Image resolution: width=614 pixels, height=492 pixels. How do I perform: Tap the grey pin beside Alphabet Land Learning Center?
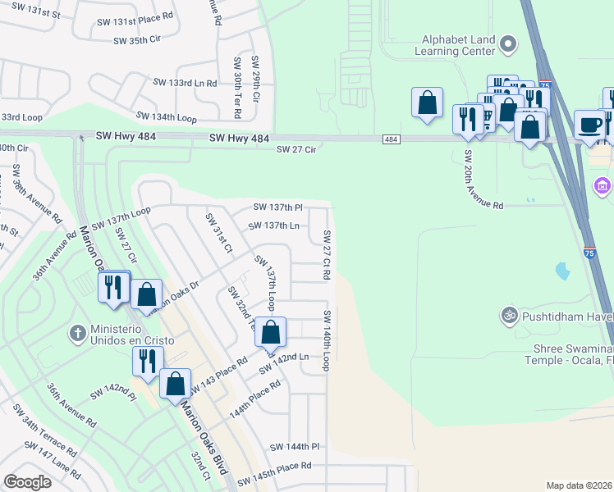tap(508, 43)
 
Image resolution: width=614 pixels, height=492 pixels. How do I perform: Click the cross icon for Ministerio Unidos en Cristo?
tap(77, 333)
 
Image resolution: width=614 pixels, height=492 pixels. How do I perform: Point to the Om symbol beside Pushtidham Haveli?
tap(508, 315)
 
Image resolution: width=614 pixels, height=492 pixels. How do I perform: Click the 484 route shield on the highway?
tap(391, 140)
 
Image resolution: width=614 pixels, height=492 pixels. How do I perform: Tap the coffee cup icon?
tap(589, 125)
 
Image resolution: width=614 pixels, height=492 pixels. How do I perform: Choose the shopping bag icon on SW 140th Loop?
tap(271, 333)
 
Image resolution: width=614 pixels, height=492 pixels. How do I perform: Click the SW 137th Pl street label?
tap(278, 207)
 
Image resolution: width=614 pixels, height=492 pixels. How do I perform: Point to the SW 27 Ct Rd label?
tap(326, 255)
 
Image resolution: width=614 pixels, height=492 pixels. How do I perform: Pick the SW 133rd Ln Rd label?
tap(185, 83)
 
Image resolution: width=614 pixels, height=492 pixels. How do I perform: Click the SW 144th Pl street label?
tap(294, 447)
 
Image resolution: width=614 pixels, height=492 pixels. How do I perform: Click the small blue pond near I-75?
tap(562, 269)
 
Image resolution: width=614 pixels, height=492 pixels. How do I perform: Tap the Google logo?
tap(27, 482)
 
